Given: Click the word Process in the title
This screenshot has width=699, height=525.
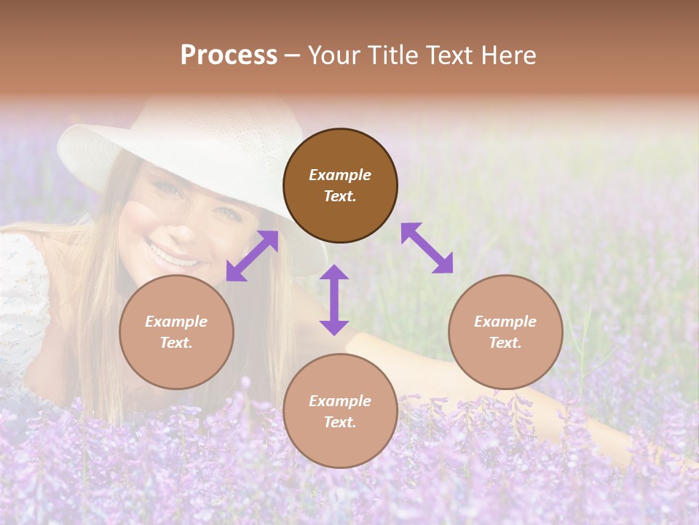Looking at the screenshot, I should pyautogui.click(x=229, y=55).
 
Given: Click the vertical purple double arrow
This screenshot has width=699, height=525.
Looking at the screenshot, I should pyautogui.click(x=334, y=300).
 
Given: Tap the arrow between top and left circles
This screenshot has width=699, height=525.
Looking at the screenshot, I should pyautogui.click(x=252, y=256).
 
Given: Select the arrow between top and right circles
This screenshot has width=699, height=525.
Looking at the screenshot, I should pyautogui.click(x=427, y=248).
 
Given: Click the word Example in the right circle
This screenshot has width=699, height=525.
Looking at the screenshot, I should pyautogui.click(x=505, y=322).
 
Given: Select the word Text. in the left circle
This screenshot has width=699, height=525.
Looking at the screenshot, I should pyautogui.click(x=176, y=343).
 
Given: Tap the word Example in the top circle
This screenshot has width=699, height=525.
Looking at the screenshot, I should pyautogui.click(x=340, y=175).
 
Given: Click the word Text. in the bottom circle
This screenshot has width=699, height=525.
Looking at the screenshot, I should pyautogui.click(x=340, y=422).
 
